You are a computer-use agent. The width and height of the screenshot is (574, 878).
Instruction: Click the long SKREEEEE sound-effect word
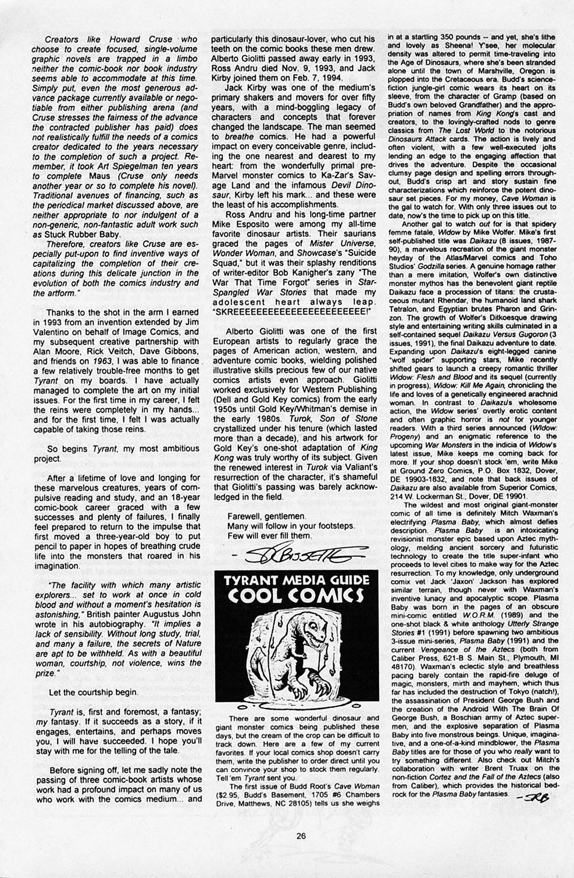click(291, 312)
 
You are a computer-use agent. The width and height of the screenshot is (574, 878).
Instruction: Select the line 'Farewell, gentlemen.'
click(266, 516)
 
